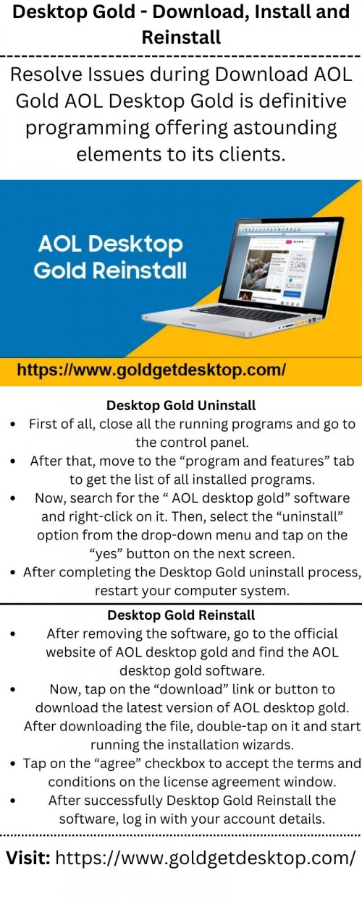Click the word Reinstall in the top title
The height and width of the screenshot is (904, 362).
coord(181,36)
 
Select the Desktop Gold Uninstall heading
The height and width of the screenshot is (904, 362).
coord(181,406)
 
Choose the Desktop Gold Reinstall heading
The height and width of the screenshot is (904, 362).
coord(181,615)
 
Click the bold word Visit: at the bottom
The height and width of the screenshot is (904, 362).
coord(28,858)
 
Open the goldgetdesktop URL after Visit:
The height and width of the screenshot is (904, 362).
coord(206,858)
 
